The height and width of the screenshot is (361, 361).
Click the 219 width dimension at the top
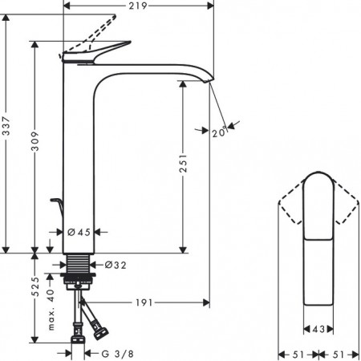click(x=138, y=6)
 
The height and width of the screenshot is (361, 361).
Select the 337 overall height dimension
click(x=6, y=126)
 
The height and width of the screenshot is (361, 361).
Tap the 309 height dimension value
click(x=34, y=141)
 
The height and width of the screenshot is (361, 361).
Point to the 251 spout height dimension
click(x=183, y=163)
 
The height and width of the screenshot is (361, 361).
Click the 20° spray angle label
click(x=220, y=132)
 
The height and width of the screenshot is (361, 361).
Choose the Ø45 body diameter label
click(x=79, y=232)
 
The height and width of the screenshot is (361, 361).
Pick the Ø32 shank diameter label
click(x=116, y=265)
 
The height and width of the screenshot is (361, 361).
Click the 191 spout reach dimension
click(x=144, y=302)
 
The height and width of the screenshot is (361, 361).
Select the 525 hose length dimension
click(x=35, y=286)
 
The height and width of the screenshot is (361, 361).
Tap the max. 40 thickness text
click(x=51, y=310)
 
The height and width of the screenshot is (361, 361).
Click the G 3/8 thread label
click(x=117, y=354)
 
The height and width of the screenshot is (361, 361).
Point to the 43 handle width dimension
click(x=318, y=329)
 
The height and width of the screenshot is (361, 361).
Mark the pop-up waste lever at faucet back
click(x=57, y=206)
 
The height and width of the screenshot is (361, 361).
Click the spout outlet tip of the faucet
click(x=209, y=79)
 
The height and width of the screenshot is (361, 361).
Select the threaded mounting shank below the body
click(x=78, y=263)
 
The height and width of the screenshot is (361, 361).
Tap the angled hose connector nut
click(x=100, y=331)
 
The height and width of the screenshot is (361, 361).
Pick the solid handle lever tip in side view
click(x=128, y=42)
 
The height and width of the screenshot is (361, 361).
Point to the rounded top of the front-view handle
click(x=318, y=175)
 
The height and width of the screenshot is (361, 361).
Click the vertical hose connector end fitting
click(x=78, y=339)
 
